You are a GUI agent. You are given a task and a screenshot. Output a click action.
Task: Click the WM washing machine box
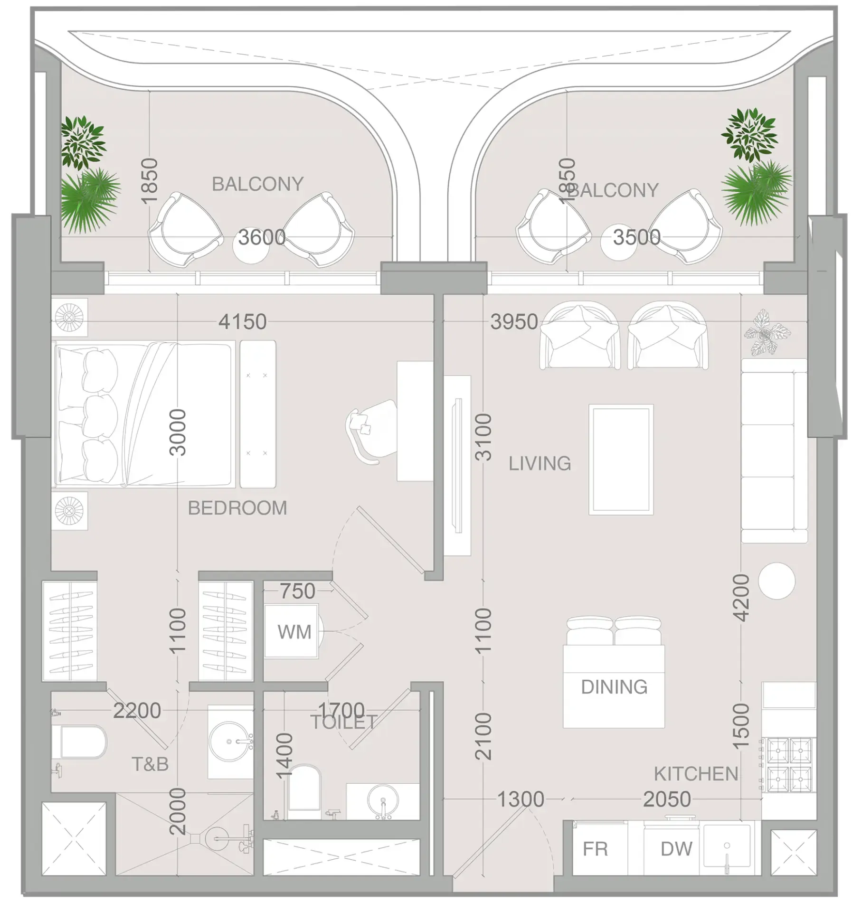[x=291, y=631]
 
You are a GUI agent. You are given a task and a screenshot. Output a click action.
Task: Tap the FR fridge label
[x=595, y=848]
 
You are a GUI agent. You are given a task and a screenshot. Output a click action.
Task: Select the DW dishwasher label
[x=676, y=848]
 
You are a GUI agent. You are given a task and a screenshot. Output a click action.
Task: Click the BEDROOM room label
[x=237, y=508]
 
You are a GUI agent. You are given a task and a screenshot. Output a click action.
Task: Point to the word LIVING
[x=540, y=463]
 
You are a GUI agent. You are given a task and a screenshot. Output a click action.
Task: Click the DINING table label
[x=614, y=686]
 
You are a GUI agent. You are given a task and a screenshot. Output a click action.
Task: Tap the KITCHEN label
[x=696, y=773]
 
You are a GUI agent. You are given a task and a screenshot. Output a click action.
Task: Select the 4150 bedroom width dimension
[x=242, y=322]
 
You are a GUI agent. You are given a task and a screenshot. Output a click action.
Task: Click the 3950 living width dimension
[x=514, y=322]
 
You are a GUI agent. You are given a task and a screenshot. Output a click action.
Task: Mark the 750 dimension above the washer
[x=297, y=591]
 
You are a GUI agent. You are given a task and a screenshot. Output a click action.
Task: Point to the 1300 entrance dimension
[x=520, y=799]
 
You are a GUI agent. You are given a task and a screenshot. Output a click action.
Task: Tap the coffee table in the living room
[x=621, y=459]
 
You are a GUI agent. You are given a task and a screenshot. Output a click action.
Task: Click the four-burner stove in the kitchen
[x=789, y=765]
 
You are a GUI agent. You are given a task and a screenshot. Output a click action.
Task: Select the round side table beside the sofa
[x=776, y=581]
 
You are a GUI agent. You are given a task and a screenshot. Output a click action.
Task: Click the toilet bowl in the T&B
[x=83, y=742]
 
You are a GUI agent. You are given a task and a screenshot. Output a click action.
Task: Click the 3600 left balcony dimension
[x=262, y=237]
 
